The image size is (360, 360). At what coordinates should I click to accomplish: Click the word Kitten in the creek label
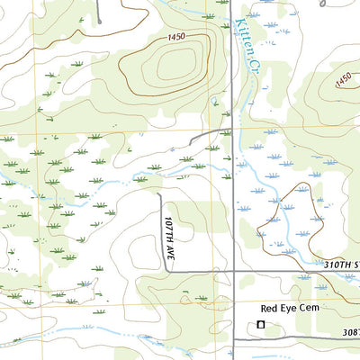[240, 36]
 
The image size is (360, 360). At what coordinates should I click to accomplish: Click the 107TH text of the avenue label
[168, 225]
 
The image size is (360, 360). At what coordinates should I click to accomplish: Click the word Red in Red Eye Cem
[259, 308]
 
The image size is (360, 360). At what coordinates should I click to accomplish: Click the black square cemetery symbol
[262, 324]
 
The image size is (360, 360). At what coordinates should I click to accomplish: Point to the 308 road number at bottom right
[349, 333]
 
